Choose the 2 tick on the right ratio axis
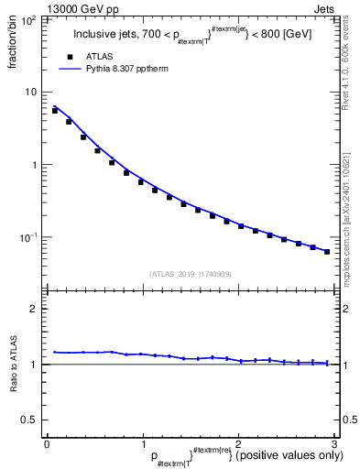tap(346, 309)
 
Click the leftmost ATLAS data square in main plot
tap(55, 110)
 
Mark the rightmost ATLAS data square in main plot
tap(327, 251)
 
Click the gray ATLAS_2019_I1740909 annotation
tap(191, 274)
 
